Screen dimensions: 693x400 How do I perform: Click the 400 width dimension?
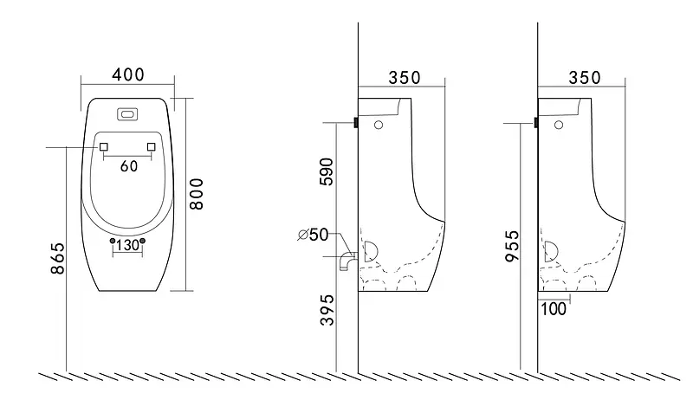(127, 74)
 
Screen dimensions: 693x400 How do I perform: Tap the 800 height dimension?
(196, 194)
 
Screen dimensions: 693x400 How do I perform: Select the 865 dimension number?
(57, 259)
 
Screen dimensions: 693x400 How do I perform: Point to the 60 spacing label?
(129, 166)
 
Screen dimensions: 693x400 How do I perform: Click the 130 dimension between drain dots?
(127, 245)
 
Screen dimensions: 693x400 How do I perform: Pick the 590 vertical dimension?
(327, 171)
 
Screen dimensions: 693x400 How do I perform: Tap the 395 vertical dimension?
(327, 310)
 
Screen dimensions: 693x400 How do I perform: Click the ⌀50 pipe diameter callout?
(314, 235)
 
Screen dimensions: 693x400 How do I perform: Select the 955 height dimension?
(512, 246)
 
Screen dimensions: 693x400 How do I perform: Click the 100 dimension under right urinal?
(553, 309)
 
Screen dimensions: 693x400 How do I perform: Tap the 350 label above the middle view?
(405, 78)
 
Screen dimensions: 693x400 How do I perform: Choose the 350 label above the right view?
(584, 78)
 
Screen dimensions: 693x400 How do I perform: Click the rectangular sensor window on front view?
(128, 114)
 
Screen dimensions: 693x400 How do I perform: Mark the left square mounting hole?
(104, 146)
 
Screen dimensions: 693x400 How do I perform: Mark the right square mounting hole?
(151, 146)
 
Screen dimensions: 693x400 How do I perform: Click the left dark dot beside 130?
(113, 241)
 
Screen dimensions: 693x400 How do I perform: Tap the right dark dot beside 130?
(142, 241)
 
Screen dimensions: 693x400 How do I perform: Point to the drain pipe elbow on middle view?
(348, 261)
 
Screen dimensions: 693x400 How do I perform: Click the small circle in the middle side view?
(379, 125)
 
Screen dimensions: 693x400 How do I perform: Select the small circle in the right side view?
(559, 125)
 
